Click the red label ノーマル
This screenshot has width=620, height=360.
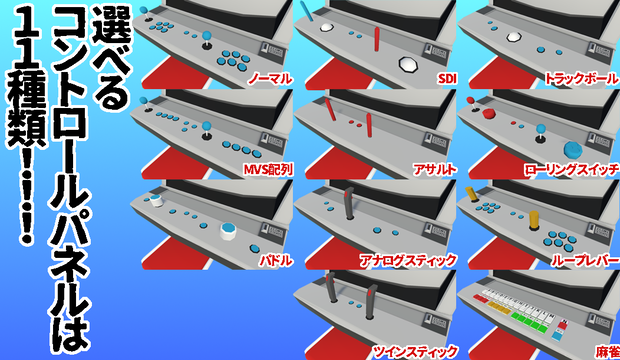pyautogui.click(x=270, y=79)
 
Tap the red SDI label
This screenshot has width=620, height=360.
pyautogui.click(x=447, y=79)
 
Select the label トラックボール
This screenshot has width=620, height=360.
pyautogui.click(x=581, y=79)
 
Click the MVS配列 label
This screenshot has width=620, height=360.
pyautogui.click(x=268, y=170)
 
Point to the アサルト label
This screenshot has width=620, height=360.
pyautogui.click(x=434, y=170)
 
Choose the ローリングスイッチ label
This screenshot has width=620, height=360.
pyautogui.click(x=571, y=170)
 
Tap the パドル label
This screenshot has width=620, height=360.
pyautogui.click(x=276, y=260)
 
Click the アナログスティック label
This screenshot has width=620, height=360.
pyautogui.click(x=408, y=260)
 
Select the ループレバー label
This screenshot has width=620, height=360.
pyautogui.click(x=585, y=260)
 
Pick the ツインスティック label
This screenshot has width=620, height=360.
pyautogui.click(x=415, y=351)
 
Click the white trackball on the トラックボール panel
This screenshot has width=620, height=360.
pyautogui.click(x=514, y=37)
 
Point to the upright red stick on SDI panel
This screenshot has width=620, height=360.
pyautogui.click(x=377, y=39)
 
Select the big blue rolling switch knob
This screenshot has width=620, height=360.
pyautogui.click(x=573, y=150)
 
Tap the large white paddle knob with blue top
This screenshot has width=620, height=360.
pyautogui.click(x=228, y=231)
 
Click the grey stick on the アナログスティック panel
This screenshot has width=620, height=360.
pyautogui.click(x=349, y=203)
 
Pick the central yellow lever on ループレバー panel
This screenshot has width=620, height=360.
pyautogui.click(x=534, y=220)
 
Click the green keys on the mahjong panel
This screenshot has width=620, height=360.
pyautogui.click(x=529, y=321)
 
